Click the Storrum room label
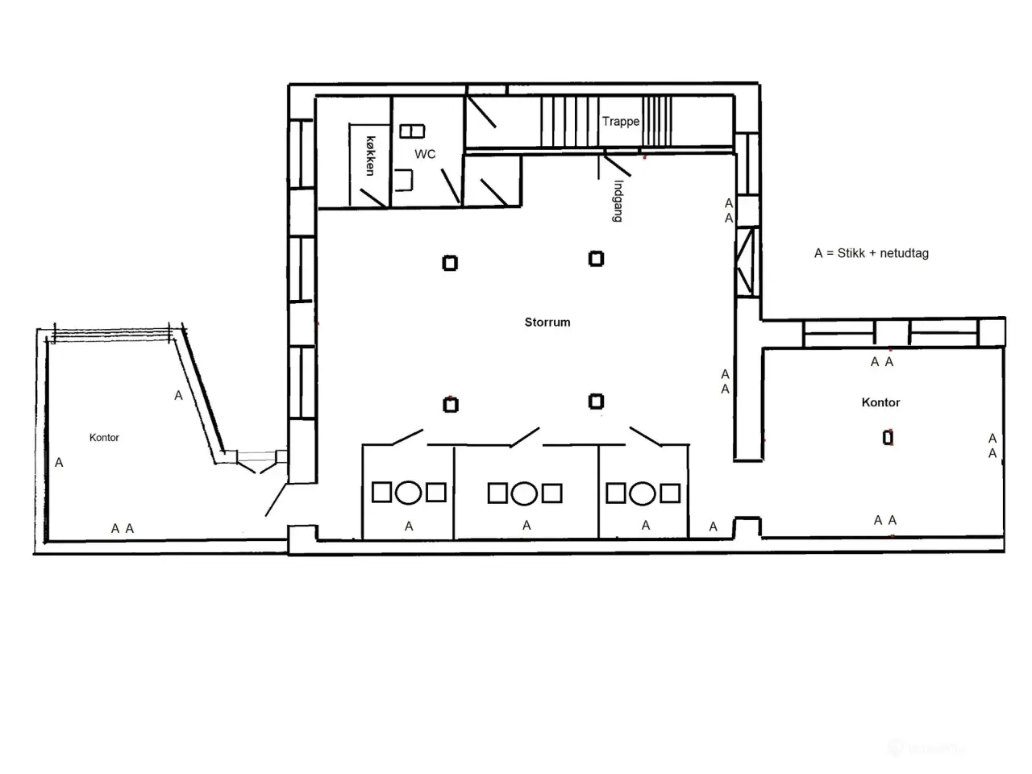pyautogui.click(x=547, y=322)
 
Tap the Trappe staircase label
pyautogui.click(x=621, y=121)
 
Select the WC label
pyautogui.click(x=425, y=154)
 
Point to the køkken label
pyautogui.click(x=371, y=156)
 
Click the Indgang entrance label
pyautogui.click(x=618, y=201)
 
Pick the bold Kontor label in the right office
pyautogui.click(x=880, y=402)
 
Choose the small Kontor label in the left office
pyautogui.click(x=104, y=438)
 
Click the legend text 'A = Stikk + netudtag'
pyautogui.click(x=872, y=253)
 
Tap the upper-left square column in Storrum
pyautogui.click(x=450, y=263)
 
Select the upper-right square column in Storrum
pyautogui.click(x=596, y=259)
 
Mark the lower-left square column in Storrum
pyautogui.click(x=451, y=405)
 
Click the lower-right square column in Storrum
pyautogui.click(x=596, y=402)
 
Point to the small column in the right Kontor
pyautogui.click(x=888, y=438)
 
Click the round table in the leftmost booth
pyautogui.click(x=408, y=493)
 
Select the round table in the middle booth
pyautogui.click(x=524, y=493)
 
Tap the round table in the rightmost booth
pyautogui.click(x=643, y=493)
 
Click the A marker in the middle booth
pyautogui.click(x=526, y=526)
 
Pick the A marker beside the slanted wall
pyautogui.click(x=178, y=396)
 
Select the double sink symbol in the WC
pyautogui.click(x=412, y=131)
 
